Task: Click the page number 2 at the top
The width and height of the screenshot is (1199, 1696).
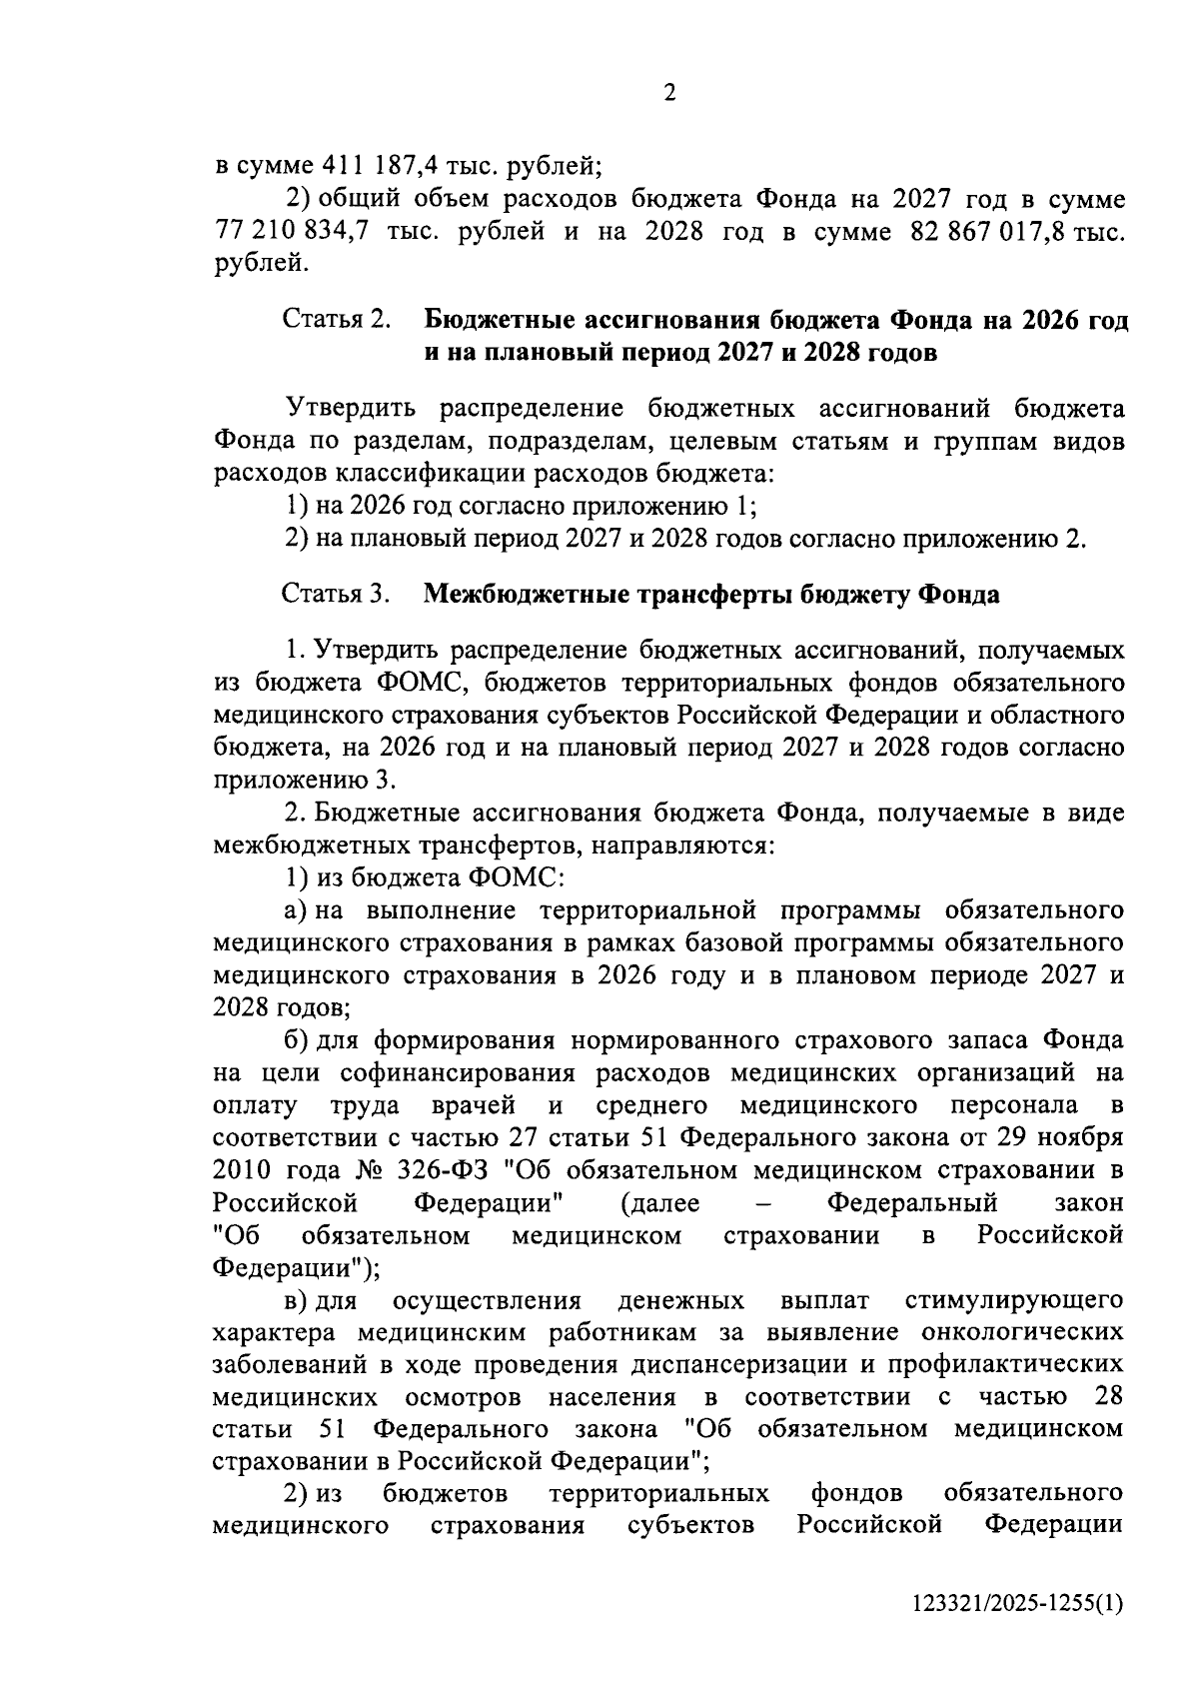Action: (669, 93)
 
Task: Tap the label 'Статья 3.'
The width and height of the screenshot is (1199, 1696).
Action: (336, 595)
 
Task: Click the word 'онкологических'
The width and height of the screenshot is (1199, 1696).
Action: (1024, 1333)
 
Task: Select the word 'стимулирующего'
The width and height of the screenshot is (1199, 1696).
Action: (1013, 1300)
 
